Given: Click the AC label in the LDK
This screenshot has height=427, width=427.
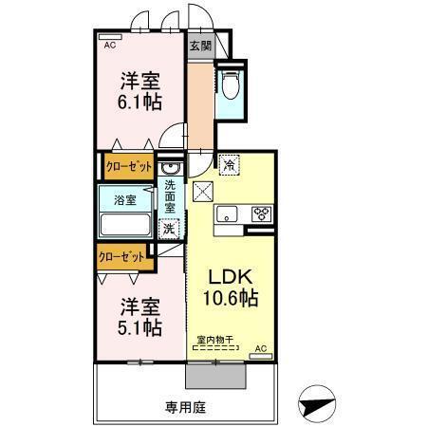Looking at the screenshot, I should pos(261,349).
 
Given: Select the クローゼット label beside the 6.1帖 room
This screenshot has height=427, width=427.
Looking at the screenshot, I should pos(128,167).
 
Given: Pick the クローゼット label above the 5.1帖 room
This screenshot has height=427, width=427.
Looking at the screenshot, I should pos(122,256).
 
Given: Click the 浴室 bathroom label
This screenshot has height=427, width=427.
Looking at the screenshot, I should pos(124,200).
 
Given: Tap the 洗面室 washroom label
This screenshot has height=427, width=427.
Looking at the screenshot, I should pos(170,195).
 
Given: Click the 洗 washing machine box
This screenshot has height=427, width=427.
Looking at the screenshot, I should pos(168,229).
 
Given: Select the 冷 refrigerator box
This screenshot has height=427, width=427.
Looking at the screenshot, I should pos(229,165).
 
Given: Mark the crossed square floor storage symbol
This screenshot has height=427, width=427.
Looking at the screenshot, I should pos(204,191).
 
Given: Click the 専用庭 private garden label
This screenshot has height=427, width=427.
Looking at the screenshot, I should pos(186,407).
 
